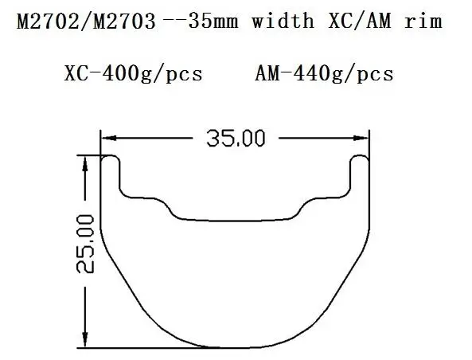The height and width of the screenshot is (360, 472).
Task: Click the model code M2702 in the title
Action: (x=48, y=22)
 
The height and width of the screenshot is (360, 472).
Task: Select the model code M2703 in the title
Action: (x=124, y=22)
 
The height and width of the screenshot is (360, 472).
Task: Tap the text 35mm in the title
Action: (x=213, y=22)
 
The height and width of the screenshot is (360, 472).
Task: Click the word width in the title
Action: (x=283, y=21)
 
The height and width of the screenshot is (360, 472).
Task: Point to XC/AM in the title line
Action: (x=360, y=21)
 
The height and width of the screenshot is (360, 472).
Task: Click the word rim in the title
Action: (x=423, y=21)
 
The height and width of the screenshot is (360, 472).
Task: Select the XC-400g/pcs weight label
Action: (x=134, y=74)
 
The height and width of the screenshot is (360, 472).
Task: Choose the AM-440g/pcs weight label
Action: (x=324, y=74)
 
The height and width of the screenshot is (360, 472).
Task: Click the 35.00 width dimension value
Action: (x=236, y=139)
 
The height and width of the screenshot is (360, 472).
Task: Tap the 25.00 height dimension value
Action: (x=85, y=244)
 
